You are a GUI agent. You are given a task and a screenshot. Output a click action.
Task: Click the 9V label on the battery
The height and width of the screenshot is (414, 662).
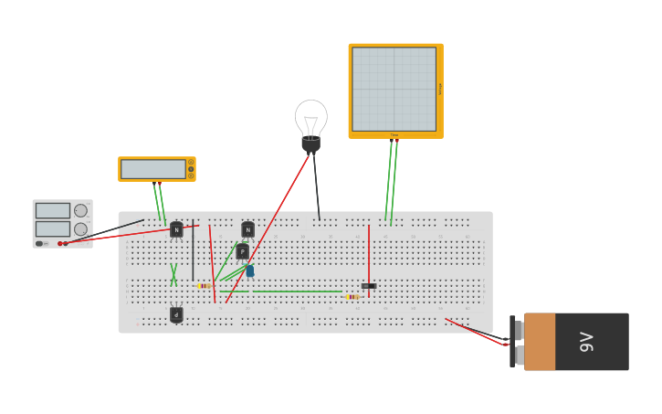coord(586,342)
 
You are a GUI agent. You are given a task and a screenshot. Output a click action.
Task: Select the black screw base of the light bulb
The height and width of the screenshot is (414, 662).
coord(311,144)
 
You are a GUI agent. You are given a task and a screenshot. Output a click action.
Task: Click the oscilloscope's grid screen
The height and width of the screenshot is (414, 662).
coord(394,89)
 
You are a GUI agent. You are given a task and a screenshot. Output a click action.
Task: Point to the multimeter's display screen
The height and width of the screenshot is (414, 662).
coord(152,169)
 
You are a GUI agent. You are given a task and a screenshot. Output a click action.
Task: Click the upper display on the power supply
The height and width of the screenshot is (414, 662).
coord(52,210)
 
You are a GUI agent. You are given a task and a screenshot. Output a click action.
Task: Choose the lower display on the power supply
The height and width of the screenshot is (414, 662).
coord(52,228)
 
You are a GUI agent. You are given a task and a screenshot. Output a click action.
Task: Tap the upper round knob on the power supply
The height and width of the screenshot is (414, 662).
coord(80,210)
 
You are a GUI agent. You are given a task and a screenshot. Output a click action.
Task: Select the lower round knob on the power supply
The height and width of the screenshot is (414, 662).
coord(80,229)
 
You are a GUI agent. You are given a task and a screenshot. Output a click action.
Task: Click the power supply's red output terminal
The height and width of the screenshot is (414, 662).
coord(60,243)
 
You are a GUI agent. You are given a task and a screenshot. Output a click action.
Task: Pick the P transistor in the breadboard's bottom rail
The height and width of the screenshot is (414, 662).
coord(176,314)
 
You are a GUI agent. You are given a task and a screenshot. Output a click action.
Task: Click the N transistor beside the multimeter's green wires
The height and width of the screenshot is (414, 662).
coord(176,229)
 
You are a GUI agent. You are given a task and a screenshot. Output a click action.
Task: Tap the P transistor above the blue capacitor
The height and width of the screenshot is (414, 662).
coord(242,251)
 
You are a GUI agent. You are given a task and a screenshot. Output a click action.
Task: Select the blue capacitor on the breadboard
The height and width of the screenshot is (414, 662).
coord(249,271)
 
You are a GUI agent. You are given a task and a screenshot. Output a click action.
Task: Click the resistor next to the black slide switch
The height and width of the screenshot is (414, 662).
coord(352,297)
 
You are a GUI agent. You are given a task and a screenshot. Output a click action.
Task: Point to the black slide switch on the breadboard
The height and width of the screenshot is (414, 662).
coord(368,286)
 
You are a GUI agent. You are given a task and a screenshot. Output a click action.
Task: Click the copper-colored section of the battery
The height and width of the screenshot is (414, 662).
coord(540,342)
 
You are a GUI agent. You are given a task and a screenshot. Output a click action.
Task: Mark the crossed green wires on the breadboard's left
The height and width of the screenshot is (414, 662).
coord(173,275)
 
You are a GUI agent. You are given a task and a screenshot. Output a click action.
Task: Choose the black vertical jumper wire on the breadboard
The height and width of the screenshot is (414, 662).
coord(193,250)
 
